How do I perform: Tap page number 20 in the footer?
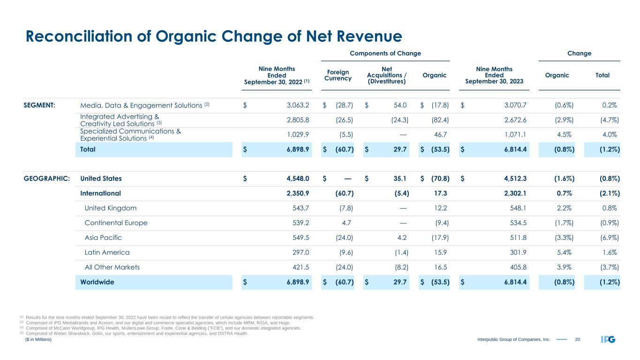tap(578, 340)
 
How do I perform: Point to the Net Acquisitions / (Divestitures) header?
tap(387, 75)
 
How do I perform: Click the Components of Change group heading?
tap(385, 53)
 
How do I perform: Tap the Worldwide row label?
tap(97, 282)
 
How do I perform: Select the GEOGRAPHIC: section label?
tap(47, 179)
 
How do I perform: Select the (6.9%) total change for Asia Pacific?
tap(608, 238)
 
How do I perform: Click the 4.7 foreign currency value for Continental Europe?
tap(347, 223)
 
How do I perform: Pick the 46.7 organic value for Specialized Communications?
tap(441, 135)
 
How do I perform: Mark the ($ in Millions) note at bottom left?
tap(38, 340)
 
